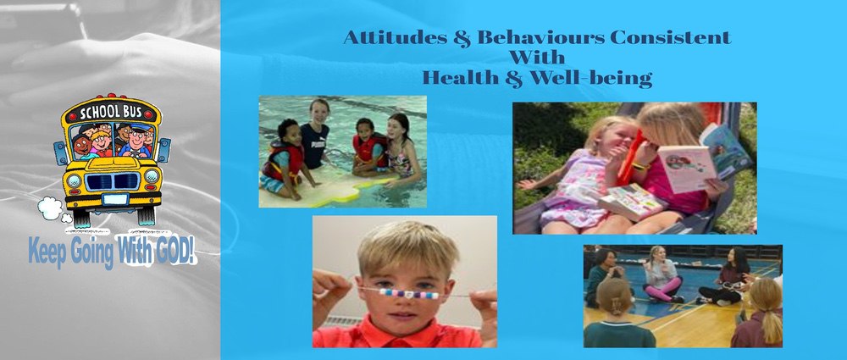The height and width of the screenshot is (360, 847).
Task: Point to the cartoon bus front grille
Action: coord(113,181)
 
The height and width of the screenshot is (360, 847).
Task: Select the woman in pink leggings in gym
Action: coord(662,274)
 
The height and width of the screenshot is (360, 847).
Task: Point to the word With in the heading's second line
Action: coord(537,58)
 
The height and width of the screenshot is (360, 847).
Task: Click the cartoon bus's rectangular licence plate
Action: coord(114,199)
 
